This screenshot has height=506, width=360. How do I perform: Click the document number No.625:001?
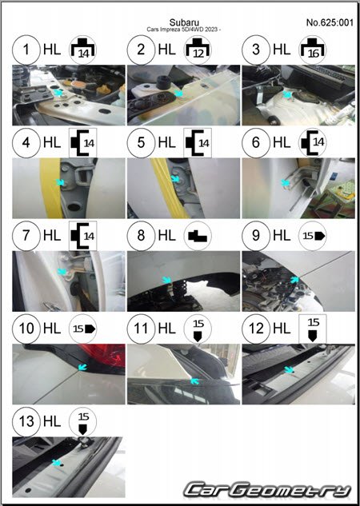coord(330,22)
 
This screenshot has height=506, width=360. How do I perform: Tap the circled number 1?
coord(26,50)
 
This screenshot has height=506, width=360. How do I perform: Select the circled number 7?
coord(26,236)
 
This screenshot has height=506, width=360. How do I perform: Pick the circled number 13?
coord(26,421)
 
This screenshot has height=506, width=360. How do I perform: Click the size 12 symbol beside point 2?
coord(198,50)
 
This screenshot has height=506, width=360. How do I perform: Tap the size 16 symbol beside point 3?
coord(313,50)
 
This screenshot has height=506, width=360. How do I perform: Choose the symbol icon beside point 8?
coord(198,236)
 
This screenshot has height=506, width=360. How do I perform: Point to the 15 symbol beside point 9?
coord(313,236)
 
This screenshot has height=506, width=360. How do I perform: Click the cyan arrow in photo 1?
coord(58,94)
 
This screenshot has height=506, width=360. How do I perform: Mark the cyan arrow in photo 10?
coord(82,367)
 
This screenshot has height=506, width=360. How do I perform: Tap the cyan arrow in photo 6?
coord(285,183)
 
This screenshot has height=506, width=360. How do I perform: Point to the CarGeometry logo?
coord(267,489)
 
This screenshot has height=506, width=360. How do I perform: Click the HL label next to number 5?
coord(167,142)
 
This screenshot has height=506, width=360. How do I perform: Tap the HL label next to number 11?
coord(167,329)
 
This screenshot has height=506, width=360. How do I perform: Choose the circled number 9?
coord(256,236)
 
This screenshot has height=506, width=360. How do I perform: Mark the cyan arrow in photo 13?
coord(57,463)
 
